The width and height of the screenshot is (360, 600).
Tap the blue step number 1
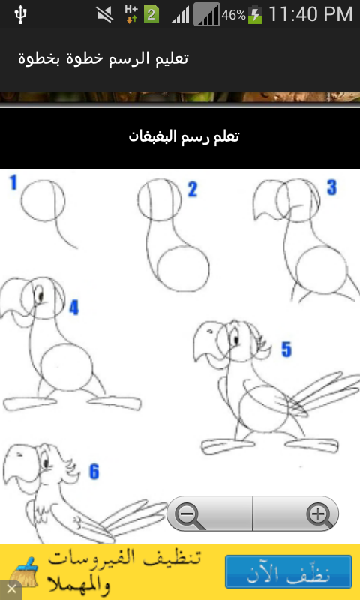(x=13, y=182)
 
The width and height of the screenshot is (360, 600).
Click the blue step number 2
(x=192, y=190)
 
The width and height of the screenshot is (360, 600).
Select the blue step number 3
(x=331, y=187)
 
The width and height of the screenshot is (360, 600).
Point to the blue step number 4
(x=73, y=307)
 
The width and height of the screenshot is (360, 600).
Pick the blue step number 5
(x=286, y=349)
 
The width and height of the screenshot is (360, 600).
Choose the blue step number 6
(x=94, y=472)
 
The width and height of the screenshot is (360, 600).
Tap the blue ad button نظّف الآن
(x=289, y=571)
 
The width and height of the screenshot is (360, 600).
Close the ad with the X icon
(x=10, y=589)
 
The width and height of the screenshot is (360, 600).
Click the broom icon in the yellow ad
(x=25, y=571)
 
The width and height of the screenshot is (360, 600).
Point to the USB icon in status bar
(x=20, y=14)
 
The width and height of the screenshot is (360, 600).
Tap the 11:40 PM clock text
(x=310, y=14)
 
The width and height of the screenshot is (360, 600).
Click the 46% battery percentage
(x=234, y=15)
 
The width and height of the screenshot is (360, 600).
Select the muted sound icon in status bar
(x=104, y=15)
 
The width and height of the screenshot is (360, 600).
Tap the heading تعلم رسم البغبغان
(x=184, y=136)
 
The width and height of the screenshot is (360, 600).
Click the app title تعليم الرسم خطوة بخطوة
(x=103, y=58)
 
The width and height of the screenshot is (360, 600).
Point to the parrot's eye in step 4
(x=40, y=295)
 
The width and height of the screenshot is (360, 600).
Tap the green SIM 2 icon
(x=151, y=15)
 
